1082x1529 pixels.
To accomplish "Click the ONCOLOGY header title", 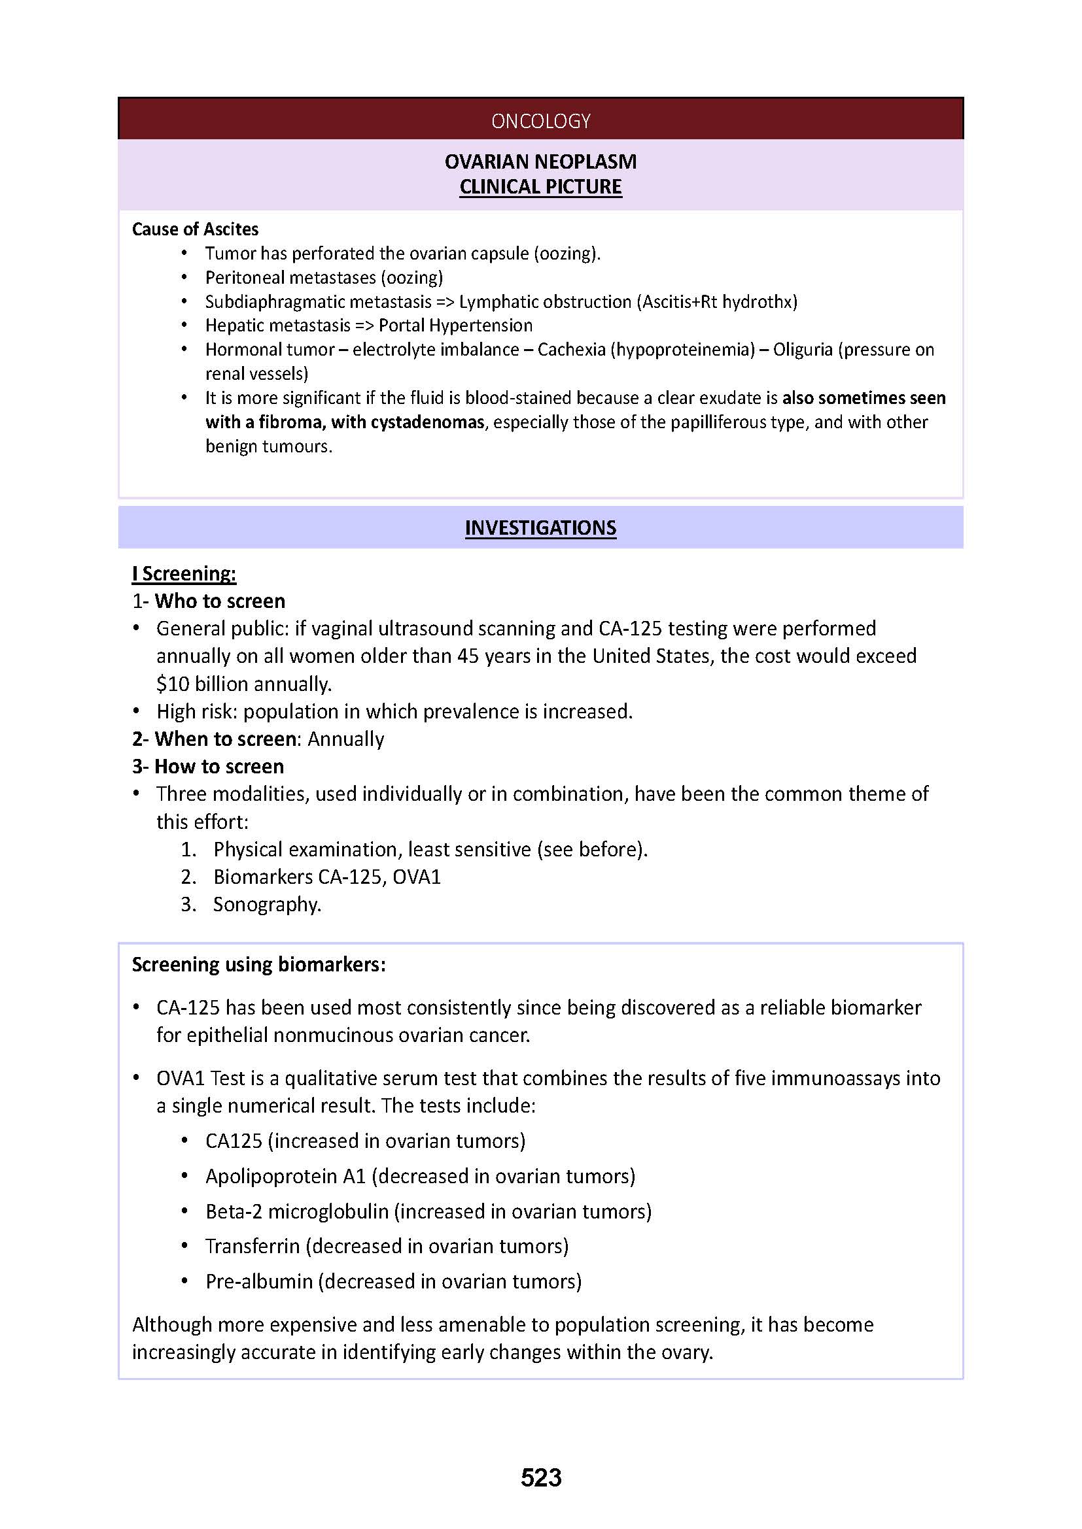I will coord(540,120).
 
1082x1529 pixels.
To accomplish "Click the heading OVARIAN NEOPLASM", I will coord(540,162).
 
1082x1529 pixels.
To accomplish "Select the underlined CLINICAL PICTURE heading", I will coord(540,187).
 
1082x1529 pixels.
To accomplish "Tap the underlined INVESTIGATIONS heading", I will coord(540,528).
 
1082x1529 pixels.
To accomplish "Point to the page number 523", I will coord(541,1478).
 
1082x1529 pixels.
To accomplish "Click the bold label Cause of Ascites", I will coord(194,229).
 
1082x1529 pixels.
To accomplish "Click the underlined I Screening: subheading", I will coord(184,573).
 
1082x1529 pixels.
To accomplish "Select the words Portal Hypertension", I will coord(455,326).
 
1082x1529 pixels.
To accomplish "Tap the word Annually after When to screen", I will coord(345,739).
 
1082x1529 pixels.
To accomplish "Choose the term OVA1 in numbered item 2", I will coord(417,877).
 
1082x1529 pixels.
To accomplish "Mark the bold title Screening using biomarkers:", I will coord(258,965).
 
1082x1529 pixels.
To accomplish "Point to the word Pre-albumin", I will coord(258,1281).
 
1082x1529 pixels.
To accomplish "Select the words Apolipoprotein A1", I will coord(285,1176).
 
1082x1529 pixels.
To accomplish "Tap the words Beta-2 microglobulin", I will coord(296,1211).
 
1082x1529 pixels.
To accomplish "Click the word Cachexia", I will coord(571,350).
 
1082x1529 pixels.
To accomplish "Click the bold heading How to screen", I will coord(218,767).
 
